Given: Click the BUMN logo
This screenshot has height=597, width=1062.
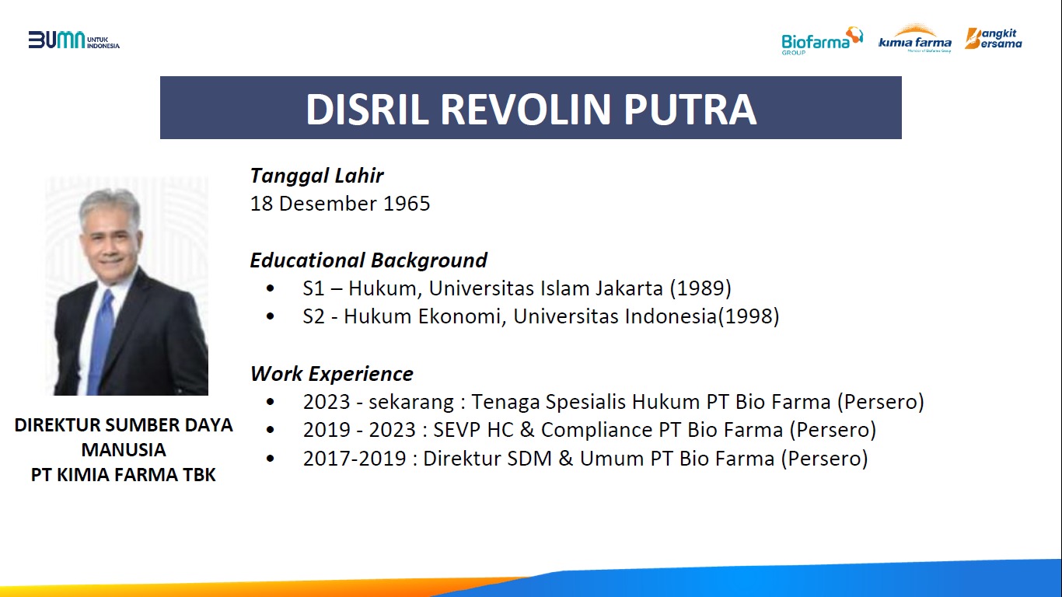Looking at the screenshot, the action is coord(74,40).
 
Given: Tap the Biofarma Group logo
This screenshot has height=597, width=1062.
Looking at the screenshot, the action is coord(822,40).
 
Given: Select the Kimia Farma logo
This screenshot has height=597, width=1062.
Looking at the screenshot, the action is coord(915,38).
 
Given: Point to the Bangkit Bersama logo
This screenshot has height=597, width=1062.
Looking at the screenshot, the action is coord(994,38).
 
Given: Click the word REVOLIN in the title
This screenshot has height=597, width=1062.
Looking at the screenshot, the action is coord(526,110).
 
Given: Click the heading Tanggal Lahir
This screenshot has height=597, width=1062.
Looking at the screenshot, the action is coord(316,176).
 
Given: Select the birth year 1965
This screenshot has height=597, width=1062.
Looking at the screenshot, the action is coord(407,204).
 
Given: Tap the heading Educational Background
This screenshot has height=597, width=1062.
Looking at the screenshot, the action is coord(369,260).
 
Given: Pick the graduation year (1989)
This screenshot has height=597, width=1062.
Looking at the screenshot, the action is coord(700,288).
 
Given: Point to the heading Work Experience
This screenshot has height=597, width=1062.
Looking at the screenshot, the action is coord(331,374).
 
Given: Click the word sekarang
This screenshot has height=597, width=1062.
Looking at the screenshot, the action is coord(411,402).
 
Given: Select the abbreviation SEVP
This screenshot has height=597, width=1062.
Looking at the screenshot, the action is coord(456,430).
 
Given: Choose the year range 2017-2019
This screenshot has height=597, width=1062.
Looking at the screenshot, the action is coord(355,459).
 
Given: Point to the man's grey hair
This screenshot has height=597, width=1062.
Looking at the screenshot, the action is coord(110,205).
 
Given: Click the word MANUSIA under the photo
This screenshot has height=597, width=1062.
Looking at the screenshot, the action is coord(124,449).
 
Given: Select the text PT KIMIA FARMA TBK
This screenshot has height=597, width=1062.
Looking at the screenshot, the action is coord(124,475).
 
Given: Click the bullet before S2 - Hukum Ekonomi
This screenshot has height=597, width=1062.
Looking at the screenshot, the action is coord(271,316).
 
